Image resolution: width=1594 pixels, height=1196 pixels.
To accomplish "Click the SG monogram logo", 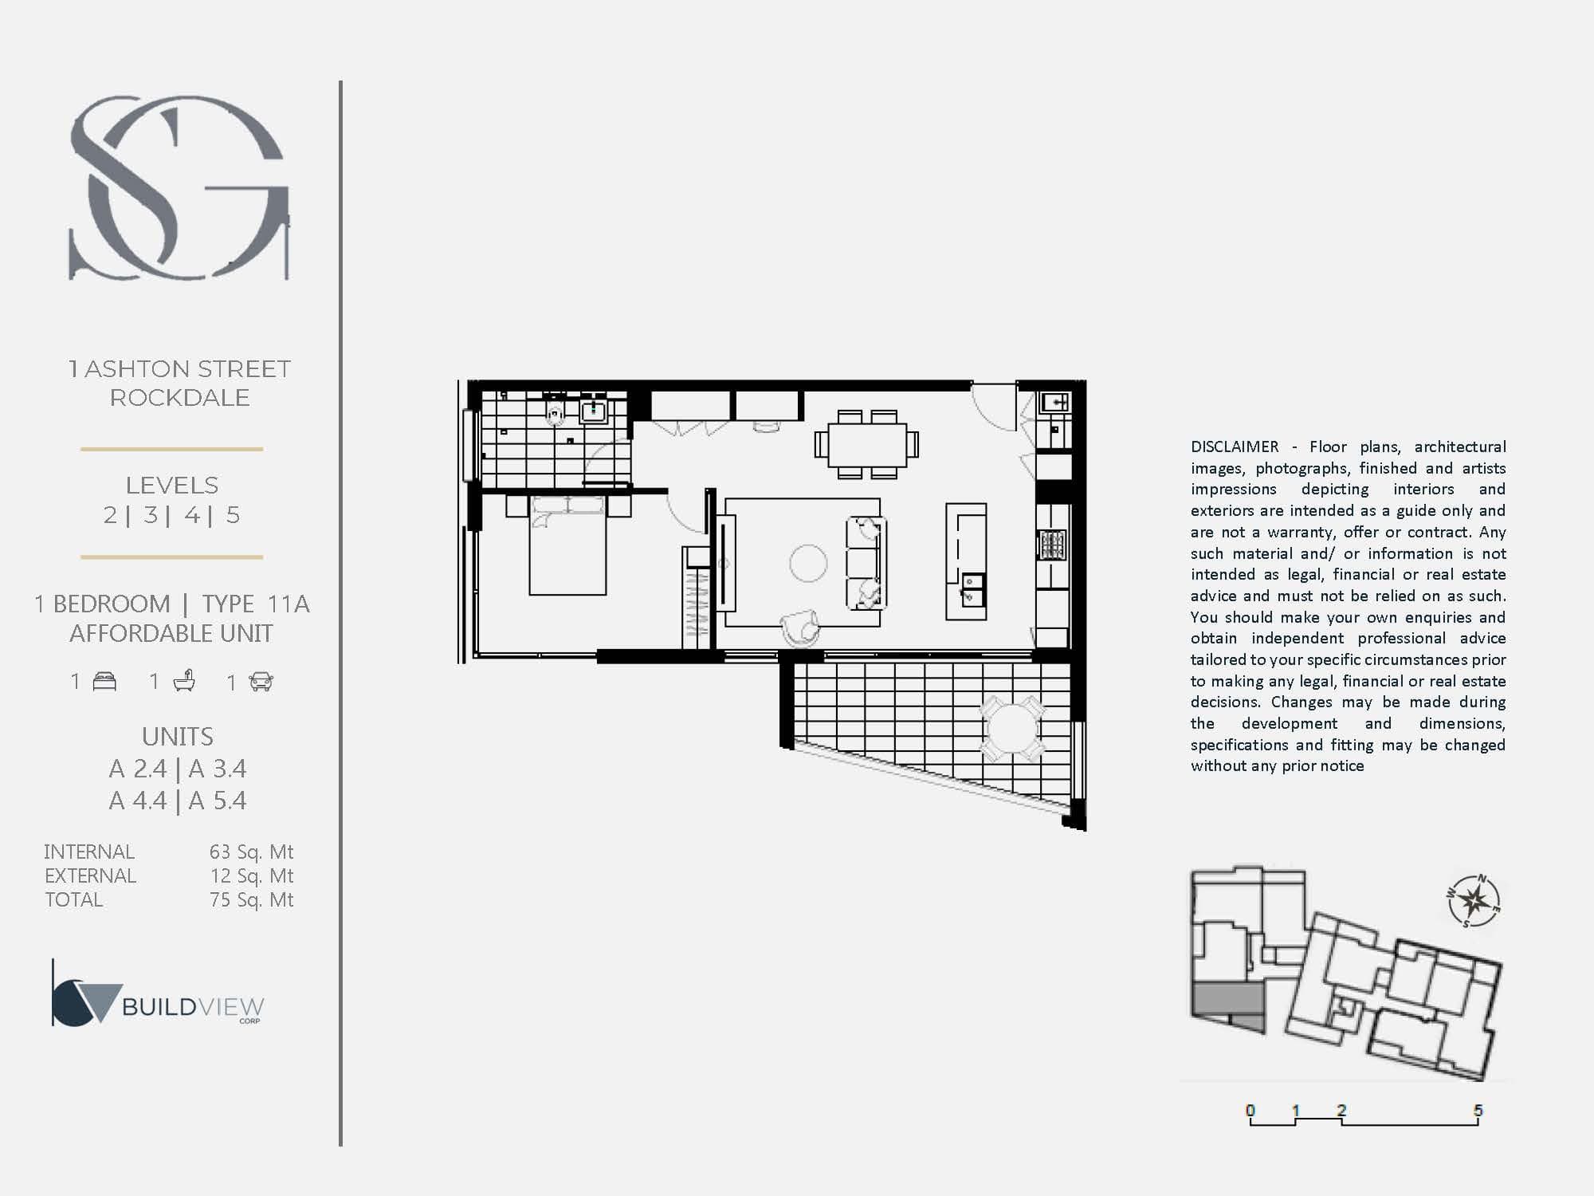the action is [x=180, y=188].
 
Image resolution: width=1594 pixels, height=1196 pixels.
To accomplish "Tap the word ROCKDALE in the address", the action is [x=179, y=398].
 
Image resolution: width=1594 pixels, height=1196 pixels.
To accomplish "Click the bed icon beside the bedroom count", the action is [x=104, y=682].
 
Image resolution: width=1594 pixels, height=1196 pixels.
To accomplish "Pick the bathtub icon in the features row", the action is [x=184, y=681].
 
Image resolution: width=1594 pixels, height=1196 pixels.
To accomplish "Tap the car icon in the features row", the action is [x=261, y=682].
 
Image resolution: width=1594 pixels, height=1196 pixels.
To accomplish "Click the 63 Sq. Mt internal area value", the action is [x=251, y=852].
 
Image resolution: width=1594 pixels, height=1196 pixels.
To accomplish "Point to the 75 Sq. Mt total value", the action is [x=251, y=900].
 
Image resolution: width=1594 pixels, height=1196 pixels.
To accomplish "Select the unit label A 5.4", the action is [x=218, y=801].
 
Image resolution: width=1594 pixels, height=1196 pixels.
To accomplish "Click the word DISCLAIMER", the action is [x=1235, y=447].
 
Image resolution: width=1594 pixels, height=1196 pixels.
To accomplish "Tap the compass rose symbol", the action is [x=1474, y=901].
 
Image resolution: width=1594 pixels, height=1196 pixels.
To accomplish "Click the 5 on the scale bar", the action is [x=1478, y=1110].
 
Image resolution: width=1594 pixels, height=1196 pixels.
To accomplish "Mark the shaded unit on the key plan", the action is [x=1228, y=1006].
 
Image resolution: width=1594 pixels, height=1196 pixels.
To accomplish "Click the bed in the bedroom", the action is [x=567, y=545].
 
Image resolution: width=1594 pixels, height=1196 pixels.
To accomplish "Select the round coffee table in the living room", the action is [x=808, y=563].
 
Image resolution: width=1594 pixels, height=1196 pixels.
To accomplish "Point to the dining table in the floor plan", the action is [x=867, y=445].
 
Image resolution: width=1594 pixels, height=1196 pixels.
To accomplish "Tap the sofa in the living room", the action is [x=866, y=563].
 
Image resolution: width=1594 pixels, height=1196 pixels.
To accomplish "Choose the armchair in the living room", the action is [x=800, y=628].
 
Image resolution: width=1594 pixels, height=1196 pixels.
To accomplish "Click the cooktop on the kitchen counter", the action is [x=1051, y=545].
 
